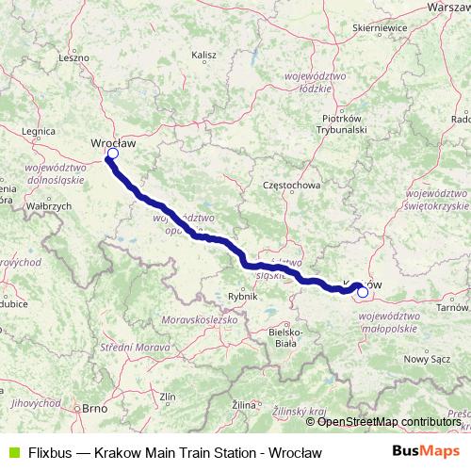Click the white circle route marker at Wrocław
coord(112,154)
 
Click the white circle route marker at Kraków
coord(363,292)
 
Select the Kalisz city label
coord(204,57)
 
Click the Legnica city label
coord(37,134)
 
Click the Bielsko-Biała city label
coord(284,337)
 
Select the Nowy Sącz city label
coord(421,359)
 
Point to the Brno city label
coord(93,409)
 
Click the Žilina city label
coord(244,404)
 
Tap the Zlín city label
coord(168,397)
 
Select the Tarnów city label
coord(452,307)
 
